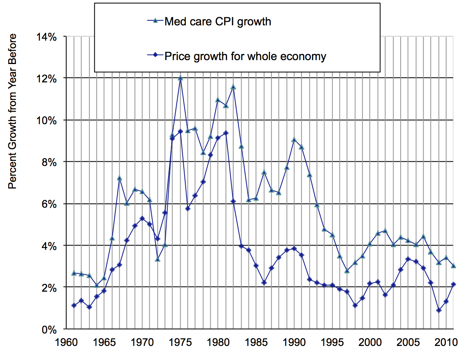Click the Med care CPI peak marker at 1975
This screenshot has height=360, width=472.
pyautogui.click(x=180, y=78)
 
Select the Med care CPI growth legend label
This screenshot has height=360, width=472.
pyautogui.click(x=218, y=21)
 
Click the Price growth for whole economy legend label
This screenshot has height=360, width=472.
pyautogui.click(x=245, y=56)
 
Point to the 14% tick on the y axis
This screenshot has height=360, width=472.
pyautogui.click(x=47, y=37)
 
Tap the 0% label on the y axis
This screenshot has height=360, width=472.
pyautogui.click(x=50, y=329)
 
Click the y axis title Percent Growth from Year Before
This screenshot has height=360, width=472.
pyautogui.click(x=13, y=111)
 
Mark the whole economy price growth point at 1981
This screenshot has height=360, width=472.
pyautogui.click(x=226, y=133)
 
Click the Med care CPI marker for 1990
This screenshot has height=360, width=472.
pyautogui.click(x=294, y=139)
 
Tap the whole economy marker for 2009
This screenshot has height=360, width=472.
pyautogui.click(x=439, y=310)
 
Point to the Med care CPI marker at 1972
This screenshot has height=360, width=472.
pyautogui.click(x=158, y=259)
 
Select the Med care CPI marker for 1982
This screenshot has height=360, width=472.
pyautogui.click(x=233, y=87)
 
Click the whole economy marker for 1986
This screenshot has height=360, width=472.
pyautogui.click(x=264, y=283)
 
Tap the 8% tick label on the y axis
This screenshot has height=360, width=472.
pyautogui.click(x=50, y=162)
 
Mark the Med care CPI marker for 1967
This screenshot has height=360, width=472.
pyautogui.click(x=120, y=178)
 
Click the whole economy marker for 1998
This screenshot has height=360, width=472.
pyautogui.click(x=355, y=305)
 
